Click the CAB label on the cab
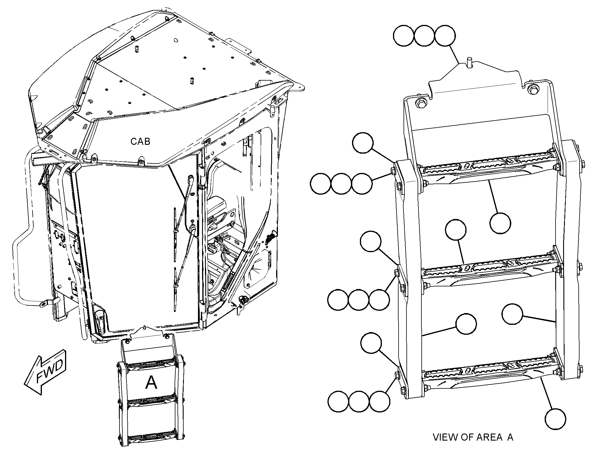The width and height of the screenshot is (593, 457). (x=140, y=142)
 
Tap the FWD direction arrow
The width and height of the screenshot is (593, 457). (x=46, y=371)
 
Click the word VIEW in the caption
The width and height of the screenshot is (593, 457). (x=445, y=445)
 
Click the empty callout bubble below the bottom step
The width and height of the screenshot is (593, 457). (x=556, y=419)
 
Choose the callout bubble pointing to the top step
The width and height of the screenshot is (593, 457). (x=500, y=223)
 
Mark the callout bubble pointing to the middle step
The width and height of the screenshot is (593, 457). (x=455, y=230)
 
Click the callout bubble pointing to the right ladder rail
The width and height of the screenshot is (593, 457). (x=512, y=314)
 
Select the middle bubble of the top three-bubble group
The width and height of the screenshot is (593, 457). (x=425, y=35)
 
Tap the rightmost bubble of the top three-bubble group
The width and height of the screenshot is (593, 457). (x=445, y=35)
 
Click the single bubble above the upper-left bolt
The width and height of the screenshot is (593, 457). (x=363, y=142)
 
